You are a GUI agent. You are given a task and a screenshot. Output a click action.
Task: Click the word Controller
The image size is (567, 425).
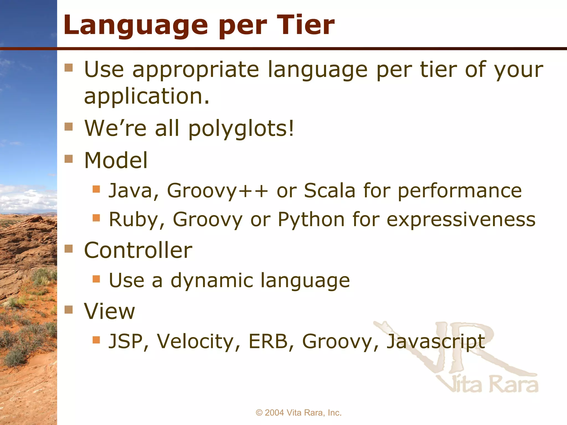[138, 250]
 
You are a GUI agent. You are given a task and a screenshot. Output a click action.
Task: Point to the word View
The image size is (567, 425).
[109, 311]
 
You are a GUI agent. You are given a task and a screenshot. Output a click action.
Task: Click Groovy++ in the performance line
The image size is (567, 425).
[217, 191]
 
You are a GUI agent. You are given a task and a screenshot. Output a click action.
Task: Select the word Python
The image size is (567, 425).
[311, 220]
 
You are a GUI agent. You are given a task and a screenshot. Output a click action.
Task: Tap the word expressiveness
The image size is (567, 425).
[461, 220]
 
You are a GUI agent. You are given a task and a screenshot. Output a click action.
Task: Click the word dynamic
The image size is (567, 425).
[212, 281]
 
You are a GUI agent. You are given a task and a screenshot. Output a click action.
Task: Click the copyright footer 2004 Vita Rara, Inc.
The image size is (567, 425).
[298, 413]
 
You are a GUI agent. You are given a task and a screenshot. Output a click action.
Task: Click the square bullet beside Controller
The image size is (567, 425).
[68, 249]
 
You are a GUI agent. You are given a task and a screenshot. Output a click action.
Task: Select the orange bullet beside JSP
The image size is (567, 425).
[96, 340]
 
